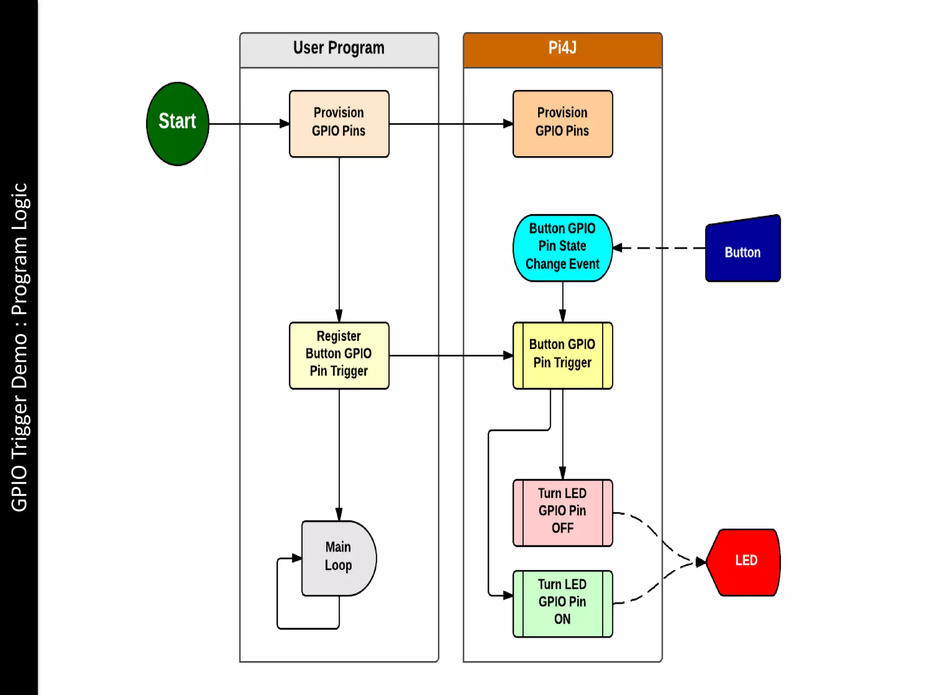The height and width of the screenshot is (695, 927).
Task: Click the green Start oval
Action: [177, 124]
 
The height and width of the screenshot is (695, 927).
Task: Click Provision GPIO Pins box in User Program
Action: [339, 124]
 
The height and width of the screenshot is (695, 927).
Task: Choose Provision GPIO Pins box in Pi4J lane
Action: [562, 124]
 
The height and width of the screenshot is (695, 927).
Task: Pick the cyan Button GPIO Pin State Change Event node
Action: [562, 248]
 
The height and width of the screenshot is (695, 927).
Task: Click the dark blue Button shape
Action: [742, 251]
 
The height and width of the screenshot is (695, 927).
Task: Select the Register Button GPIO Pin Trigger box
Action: [339, 355]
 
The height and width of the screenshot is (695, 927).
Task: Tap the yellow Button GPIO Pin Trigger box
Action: [562, 355]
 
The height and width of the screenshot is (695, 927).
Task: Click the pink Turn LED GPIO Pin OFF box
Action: [562, 512]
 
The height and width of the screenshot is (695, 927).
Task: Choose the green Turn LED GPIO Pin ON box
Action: [562, 603]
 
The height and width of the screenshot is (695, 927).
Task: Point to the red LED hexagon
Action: [745, 562]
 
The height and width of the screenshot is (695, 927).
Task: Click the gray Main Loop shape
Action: [337, 557]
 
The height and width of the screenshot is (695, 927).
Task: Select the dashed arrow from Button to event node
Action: [661, 248]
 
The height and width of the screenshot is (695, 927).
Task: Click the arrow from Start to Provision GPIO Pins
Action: [249, 124]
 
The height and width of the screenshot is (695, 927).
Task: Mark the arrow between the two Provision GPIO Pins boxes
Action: [450, 124]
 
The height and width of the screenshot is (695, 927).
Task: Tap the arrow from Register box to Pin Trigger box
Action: [450, 355]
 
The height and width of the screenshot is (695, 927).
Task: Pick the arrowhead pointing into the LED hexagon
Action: [701, 562]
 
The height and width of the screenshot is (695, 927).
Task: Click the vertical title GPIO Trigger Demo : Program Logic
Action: [19, 347]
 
